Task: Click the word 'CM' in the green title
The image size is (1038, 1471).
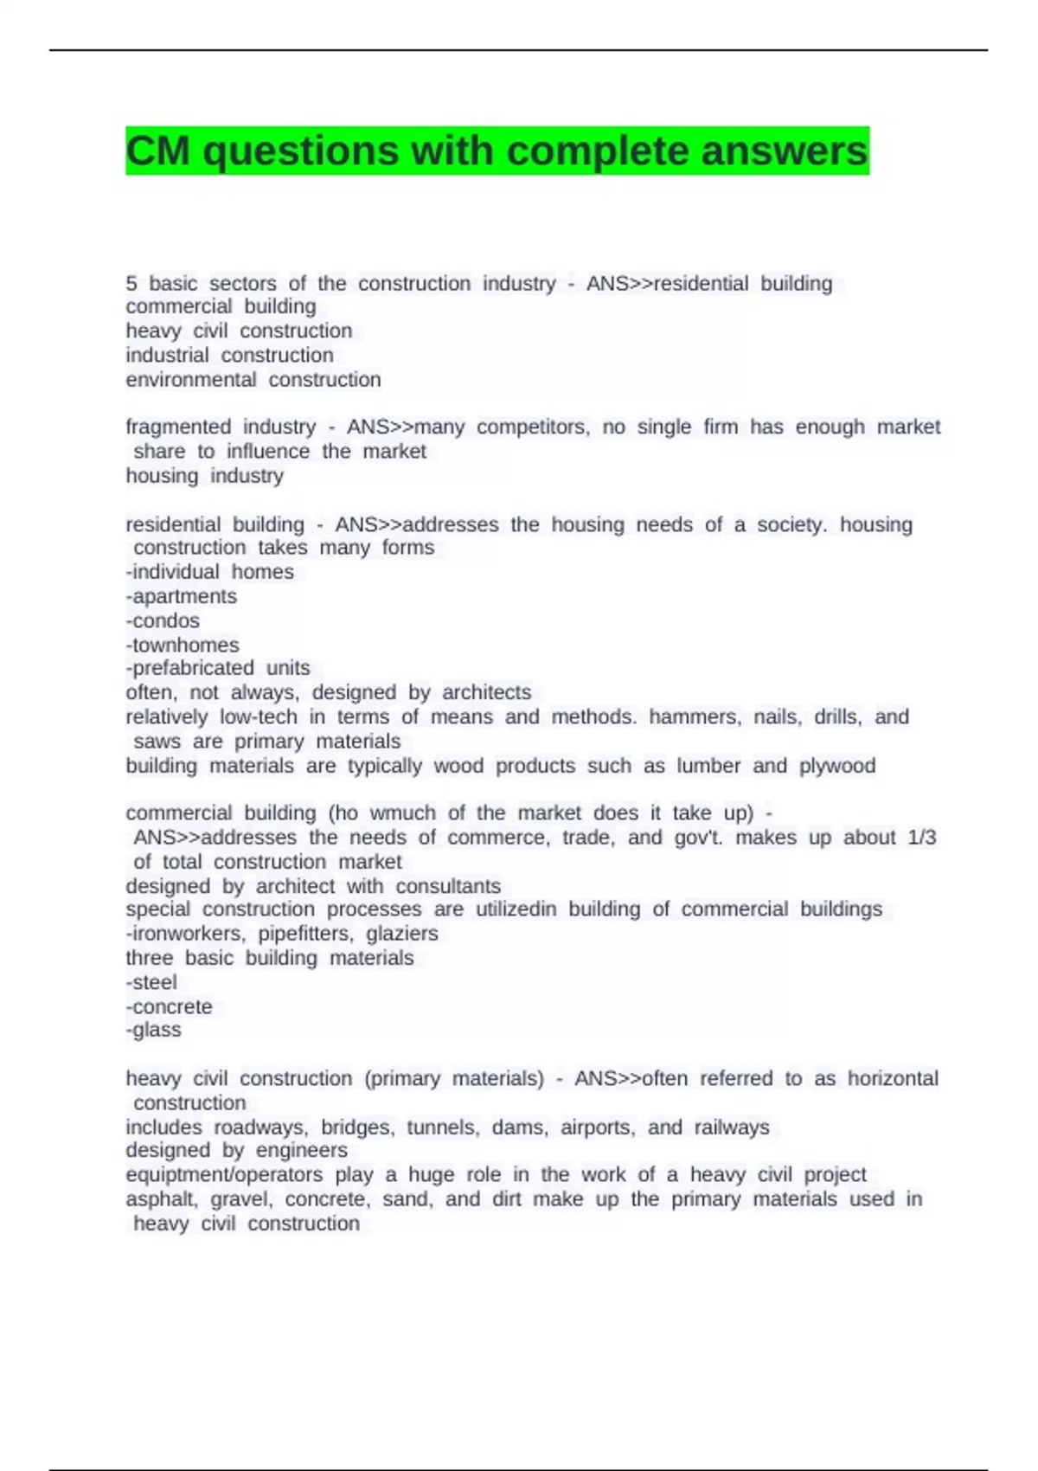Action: (158, 151)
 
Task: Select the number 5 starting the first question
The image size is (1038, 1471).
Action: (131, 283)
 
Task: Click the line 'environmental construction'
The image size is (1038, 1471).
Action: (253, 380)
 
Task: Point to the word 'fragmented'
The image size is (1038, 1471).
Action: (178, 427)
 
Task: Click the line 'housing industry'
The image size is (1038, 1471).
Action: (204, 476)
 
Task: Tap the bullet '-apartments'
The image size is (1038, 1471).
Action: (181, 596)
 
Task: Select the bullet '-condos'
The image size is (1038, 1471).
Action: (163, 620)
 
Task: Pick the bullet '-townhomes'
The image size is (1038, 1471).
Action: (183, 645)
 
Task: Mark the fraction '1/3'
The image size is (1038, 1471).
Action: (922, 838)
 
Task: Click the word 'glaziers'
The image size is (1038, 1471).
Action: (402, 934)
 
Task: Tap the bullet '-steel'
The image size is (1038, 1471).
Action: (151, 982)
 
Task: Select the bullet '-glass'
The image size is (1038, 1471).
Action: (153, 1030)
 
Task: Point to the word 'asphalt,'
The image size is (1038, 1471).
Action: (162, 1199)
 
